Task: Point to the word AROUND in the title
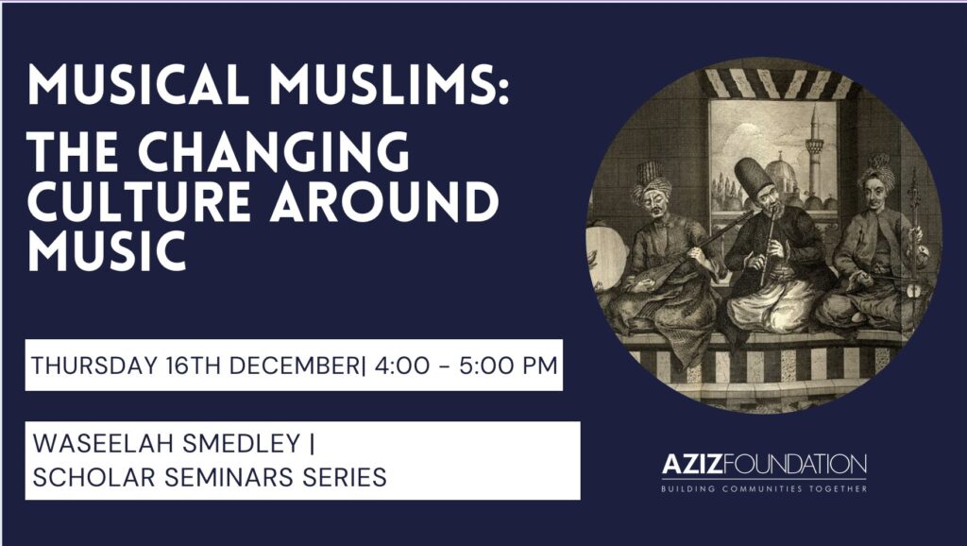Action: [385, 202]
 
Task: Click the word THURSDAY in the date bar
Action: [94, 366]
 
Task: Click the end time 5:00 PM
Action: [508, 366]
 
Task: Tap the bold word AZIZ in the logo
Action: [691, 464]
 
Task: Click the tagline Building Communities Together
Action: [763, 488]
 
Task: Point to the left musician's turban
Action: [650, 180]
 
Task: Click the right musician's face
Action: [876, 194]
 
